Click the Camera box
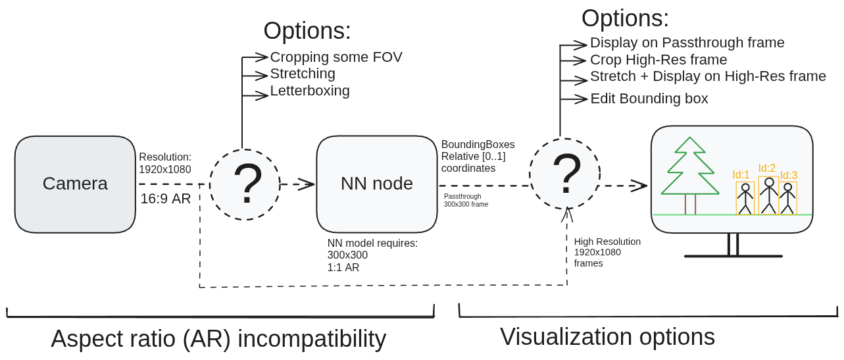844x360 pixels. [75, 184]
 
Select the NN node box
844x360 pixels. [376, 184]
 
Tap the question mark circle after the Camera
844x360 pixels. [245, 185]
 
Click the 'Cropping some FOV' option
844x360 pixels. [336, 57]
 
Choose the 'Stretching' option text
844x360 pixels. [303, 74]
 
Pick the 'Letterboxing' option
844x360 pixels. [310, 91]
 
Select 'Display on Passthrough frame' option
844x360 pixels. [687, 43]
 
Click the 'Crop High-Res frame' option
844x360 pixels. [658, 60]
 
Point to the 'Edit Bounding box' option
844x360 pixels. [649, 99]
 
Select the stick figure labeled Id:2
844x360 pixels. [769, 195]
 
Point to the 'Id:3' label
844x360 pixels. [789, 175]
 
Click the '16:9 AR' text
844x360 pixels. [166, 199]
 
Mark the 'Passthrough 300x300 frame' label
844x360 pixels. [466, 200]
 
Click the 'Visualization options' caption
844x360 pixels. [607, 337]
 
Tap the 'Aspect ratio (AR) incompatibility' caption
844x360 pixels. [218, 339]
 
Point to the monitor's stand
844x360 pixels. [733, 247]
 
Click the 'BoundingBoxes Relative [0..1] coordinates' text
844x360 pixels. [478, 156]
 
